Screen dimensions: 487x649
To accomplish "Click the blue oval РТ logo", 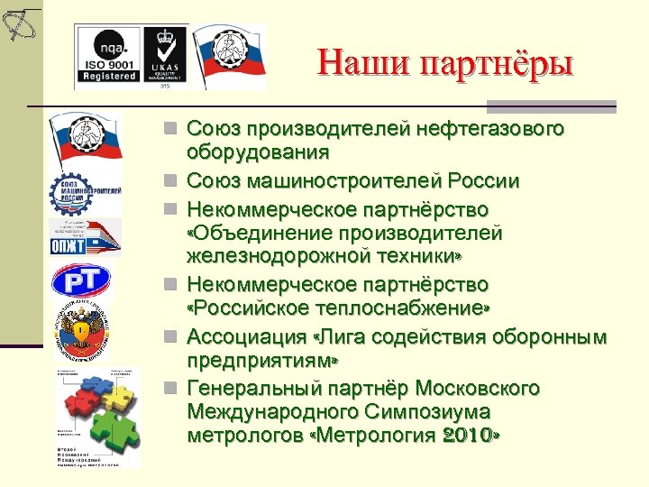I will [80, 280].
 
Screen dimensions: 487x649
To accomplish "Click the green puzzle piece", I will [107, 425].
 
